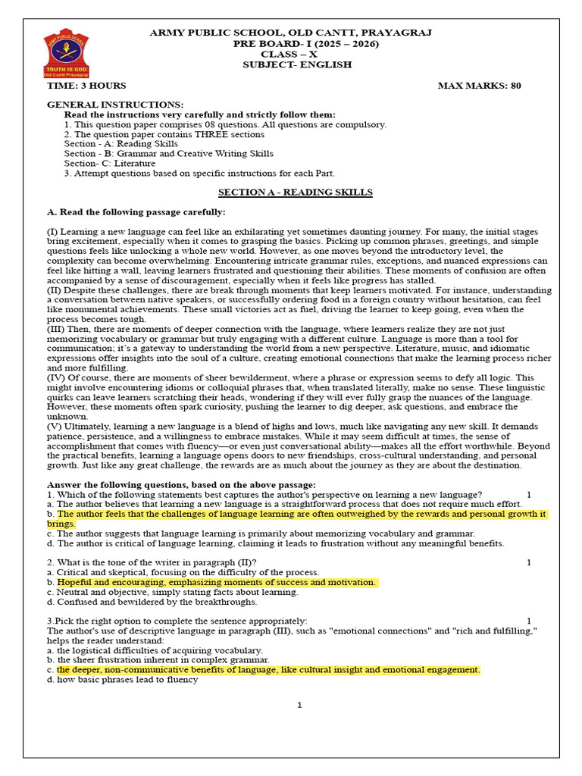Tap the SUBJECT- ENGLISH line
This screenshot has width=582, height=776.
297,65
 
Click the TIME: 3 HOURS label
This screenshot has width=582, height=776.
86,86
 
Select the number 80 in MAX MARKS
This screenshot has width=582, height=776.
515,86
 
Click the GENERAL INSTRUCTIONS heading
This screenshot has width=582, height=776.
115,104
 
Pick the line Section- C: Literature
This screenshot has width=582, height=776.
110,163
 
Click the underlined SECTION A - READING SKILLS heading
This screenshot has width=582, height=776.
296,192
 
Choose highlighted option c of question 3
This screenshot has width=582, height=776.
268,670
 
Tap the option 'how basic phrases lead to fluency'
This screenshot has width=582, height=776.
127,680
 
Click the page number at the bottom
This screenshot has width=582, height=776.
299,706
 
